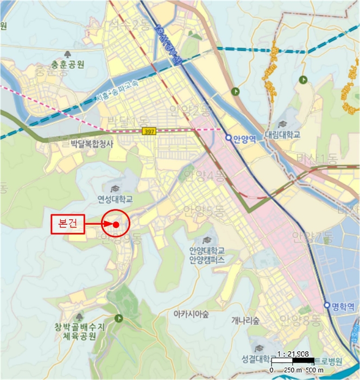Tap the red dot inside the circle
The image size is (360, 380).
click(116, 224)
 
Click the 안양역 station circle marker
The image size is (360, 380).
click(229, 138)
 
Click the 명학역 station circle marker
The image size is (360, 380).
click(327, 306)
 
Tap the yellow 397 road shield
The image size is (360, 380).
click(149, 131)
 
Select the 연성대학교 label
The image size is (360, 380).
click(115, 199)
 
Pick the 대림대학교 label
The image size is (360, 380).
click(283, 135)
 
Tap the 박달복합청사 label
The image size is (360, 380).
click(92, 144)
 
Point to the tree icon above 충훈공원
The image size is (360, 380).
click(67, 54)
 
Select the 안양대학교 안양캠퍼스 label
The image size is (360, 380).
click(207, 255)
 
